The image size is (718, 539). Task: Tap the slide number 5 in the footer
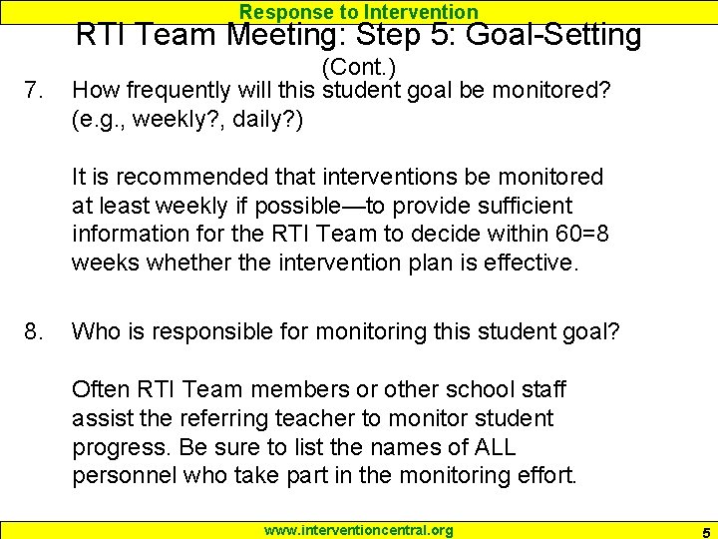(x=704, y=531)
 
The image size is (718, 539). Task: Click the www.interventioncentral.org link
(x=358, y=530)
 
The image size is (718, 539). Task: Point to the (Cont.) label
(x=359, y=68)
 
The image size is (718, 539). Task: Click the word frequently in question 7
(x=184, y=91)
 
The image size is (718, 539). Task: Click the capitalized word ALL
(x=482, y=446)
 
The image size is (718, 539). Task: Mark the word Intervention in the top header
(x=422, y=12)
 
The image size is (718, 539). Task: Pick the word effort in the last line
(x=543, y=475)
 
